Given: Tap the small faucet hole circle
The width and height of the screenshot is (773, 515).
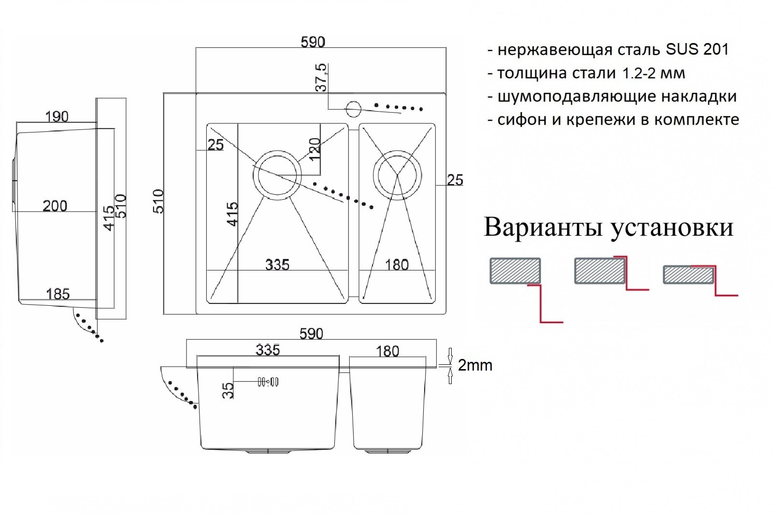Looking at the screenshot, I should click(353, 108).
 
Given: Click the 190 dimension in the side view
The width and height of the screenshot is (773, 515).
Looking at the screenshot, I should click(57, 116).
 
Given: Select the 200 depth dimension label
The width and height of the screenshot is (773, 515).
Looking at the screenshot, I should click(55, 206).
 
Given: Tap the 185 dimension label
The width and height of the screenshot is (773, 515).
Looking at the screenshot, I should click(58, 294).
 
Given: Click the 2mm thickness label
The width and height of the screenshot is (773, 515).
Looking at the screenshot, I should click(475, 365).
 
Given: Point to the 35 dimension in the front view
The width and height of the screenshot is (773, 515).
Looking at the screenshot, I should click(229, 390).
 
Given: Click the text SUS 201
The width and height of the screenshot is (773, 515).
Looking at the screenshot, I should click(697, 49).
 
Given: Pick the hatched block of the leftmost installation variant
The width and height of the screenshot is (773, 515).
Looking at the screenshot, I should click(515, 271).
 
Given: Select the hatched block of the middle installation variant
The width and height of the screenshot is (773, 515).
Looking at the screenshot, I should click(599, 271).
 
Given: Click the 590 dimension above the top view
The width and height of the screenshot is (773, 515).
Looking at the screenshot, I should click(313, 42).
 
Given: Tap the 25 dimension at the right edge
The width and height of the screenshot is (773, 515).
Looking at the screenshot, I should click(455, 180).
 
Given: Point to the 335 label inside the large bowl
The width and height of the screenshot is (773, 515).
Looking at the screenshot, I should click(277, 264).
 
